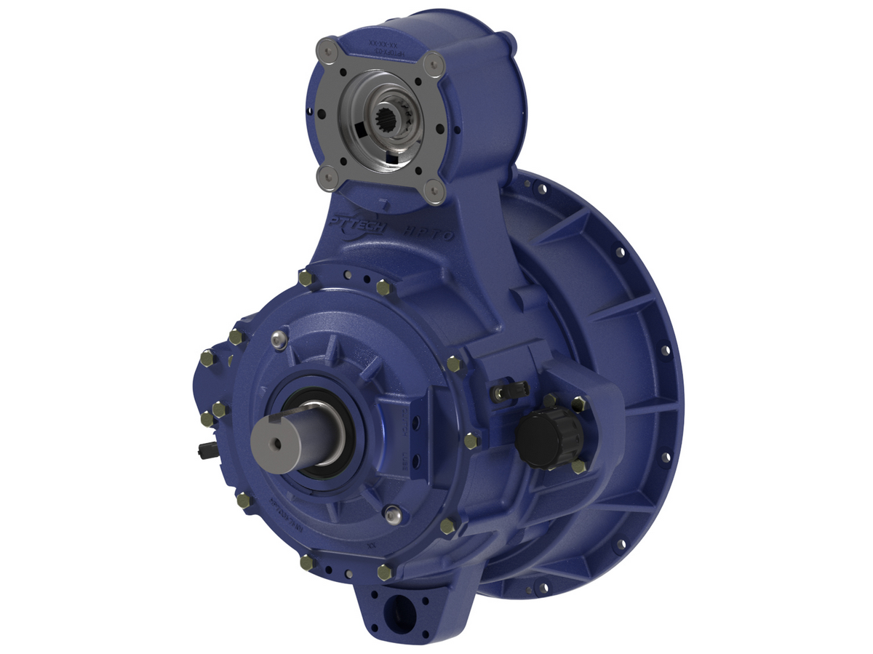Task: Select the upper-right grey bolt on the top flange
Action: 434,64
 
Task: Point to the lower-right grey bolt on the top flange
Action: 434,191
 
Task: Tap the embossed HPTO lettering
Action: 431,235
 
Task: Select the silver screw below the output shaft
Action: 394,514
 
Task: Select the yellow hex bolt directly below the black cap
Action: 579,466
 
